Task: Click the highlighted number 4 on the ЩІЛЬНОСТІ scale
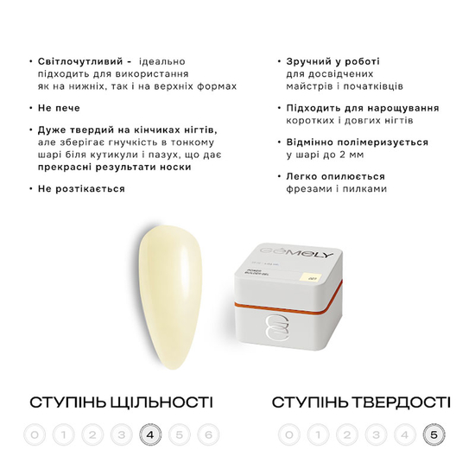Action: click(150, 434)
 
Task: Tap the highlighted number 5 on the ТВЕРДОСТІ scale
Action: click(433, 434)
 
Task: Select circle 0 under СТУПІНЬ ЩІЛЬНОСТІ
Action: click(33, 434)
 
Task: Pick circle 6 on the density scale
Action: click(208, 434)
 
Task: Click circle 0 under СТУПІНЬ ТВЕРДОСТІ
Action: click(288, 434)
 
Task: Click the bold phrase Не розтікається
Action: click(81, 188)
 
